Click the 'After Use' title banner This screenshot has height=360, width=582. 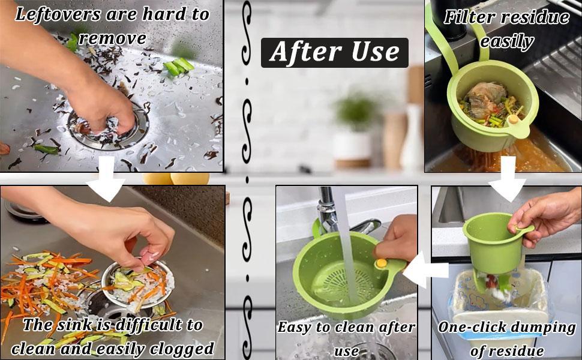click(x=334, y=52)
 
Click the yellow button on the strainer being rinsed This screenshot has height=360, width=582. click(x=380, y=263)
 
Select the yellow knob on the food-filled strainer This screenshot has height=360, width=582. click(x=514, y=119)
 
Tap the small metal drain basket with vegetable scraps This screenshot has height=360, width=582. click(x=137, y=284)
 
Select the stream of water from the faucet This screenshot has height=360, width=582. click(x=345, y=240)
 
